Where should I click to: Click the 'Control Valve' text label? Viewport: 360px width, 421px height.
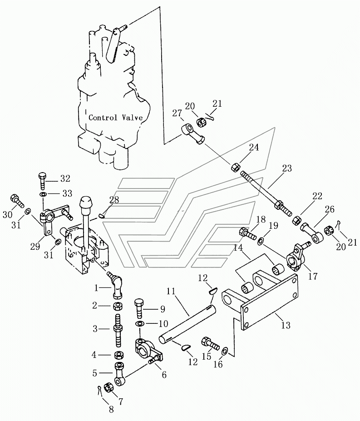[x=115, y=118]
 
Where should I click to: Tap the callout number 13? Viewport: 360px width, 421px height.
[x=286, y=325]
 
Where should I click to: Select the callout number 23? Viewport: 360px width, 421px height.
[x=286, y=168]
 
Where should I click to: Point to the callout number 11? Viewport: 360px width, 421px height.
[x=171, y=291]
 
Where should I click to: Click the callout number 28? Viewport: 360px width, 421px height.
[x=114, y=200]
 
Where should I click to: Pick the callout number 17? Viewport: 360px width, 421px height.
[x=313, y=276]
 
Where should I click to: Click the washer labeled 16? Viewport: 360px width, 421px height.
[x=224, y=351]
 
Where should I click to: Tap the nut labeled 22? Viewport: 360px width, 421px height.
[x=296, y=220]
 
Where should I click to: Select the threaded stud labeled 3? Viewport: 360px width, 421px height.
[x=118, y=329]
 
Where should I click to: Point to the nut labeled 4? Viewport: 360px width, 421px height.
[x=118, y=355]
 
